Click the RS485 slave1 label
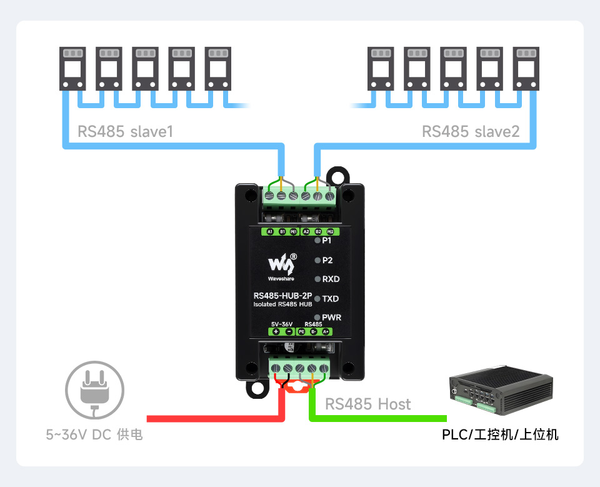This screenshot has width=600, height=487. [x=125, y=132]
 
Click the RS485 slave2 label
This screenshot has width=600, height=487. [x=470, y=132]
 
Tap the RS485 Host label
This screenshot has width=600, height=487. [x=368, y=404]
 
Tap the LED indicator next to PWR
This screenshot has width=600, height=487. [x=317, y=317]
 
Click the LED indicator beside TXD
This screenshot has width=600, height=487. [x=317, y=299]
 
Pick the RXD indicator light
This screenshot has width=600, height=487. [x=317, y=279]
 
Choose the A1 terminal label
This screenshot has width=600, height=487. [x=270, y=231]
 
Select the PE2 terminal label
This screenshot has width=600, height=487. [x=330, y=231]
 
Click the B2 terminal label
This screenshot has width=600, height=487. [x=318, y=231]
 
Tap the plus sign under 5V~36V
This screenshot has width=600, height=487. [x=276, y=331]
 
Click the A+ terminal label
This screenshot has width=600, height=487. [x=326, y=331]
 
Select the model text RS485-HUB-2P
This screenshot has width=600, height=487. [x=282, y=296]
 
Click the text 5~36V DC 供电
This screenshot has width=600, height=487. [x=94, y=434]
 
